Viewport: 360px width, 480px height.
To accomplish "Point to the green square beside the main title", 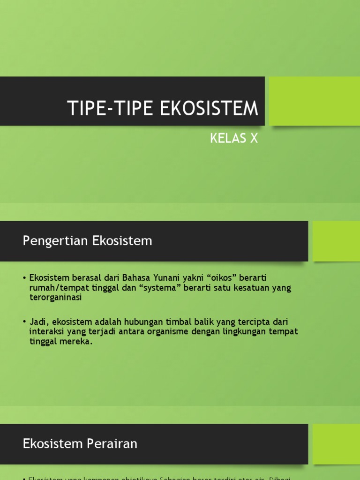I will click(315, 101).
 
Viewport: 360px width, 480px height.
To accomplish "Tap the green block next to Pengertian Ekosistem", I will click(336, 241).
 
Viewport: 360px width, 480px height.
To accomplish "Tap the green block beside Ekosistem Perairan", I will click(336, 443).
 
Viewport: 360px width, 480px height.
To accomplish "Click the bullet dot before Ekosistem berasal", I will click(24, 278).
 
